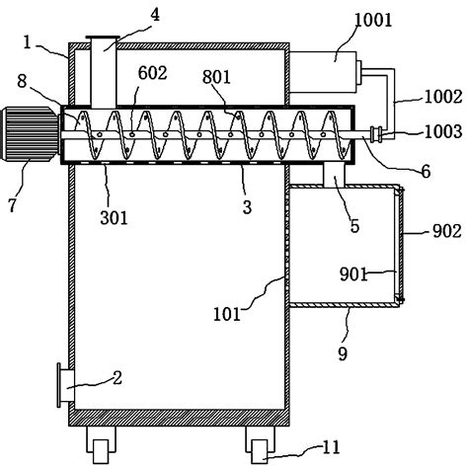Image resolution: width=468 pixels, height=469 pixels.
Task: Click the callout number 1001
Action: click(373, 21)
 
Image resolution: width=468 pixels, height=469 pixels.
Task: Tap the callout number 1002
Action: click(443, 97)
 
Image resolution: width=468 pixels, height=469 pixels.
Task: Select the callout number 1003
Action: click(443, 131)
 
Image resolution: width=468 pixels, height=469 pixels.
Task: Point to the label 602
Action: click(152, 73)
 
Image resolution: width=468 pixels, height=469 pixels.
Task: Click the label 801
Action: click(216, 77)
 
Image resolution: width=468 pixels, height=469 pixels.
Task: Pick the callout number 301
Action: click(114, 217)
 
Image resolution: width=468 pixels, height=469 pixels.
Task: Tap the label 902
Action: click(447, 231)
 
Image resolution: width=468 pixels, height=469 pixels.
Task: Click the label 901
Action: click(352, 274)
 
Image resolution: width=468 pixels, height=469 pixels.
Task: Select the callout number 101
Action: click(227, 314)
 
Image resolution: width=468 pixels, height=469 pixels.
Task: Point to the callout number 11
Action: click(331, 447)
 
